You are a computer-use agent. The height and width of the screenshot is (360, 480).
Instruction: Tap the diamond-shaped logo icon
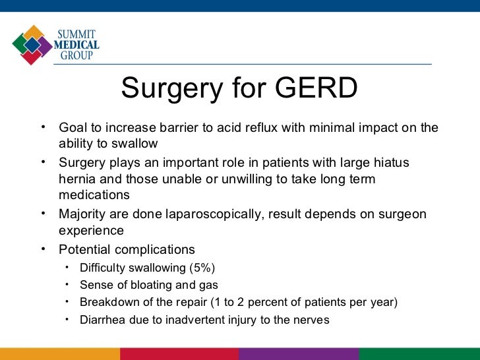pos(32,44)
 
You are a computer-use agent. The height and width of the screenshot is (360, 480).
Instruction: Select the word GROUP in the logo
pos(76,56)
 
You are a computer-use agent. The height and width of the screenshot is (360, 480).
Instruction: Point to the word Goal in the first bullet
pos(72,128)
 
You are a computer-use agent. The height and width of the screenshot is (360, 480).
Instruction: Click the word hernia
pos(76,179)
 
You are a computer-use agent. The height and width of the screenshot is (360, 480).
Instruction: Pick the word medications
pos(94,196)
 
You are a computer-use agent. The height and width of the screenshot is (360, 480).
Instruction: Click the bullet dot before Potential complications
pos(44,249)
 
